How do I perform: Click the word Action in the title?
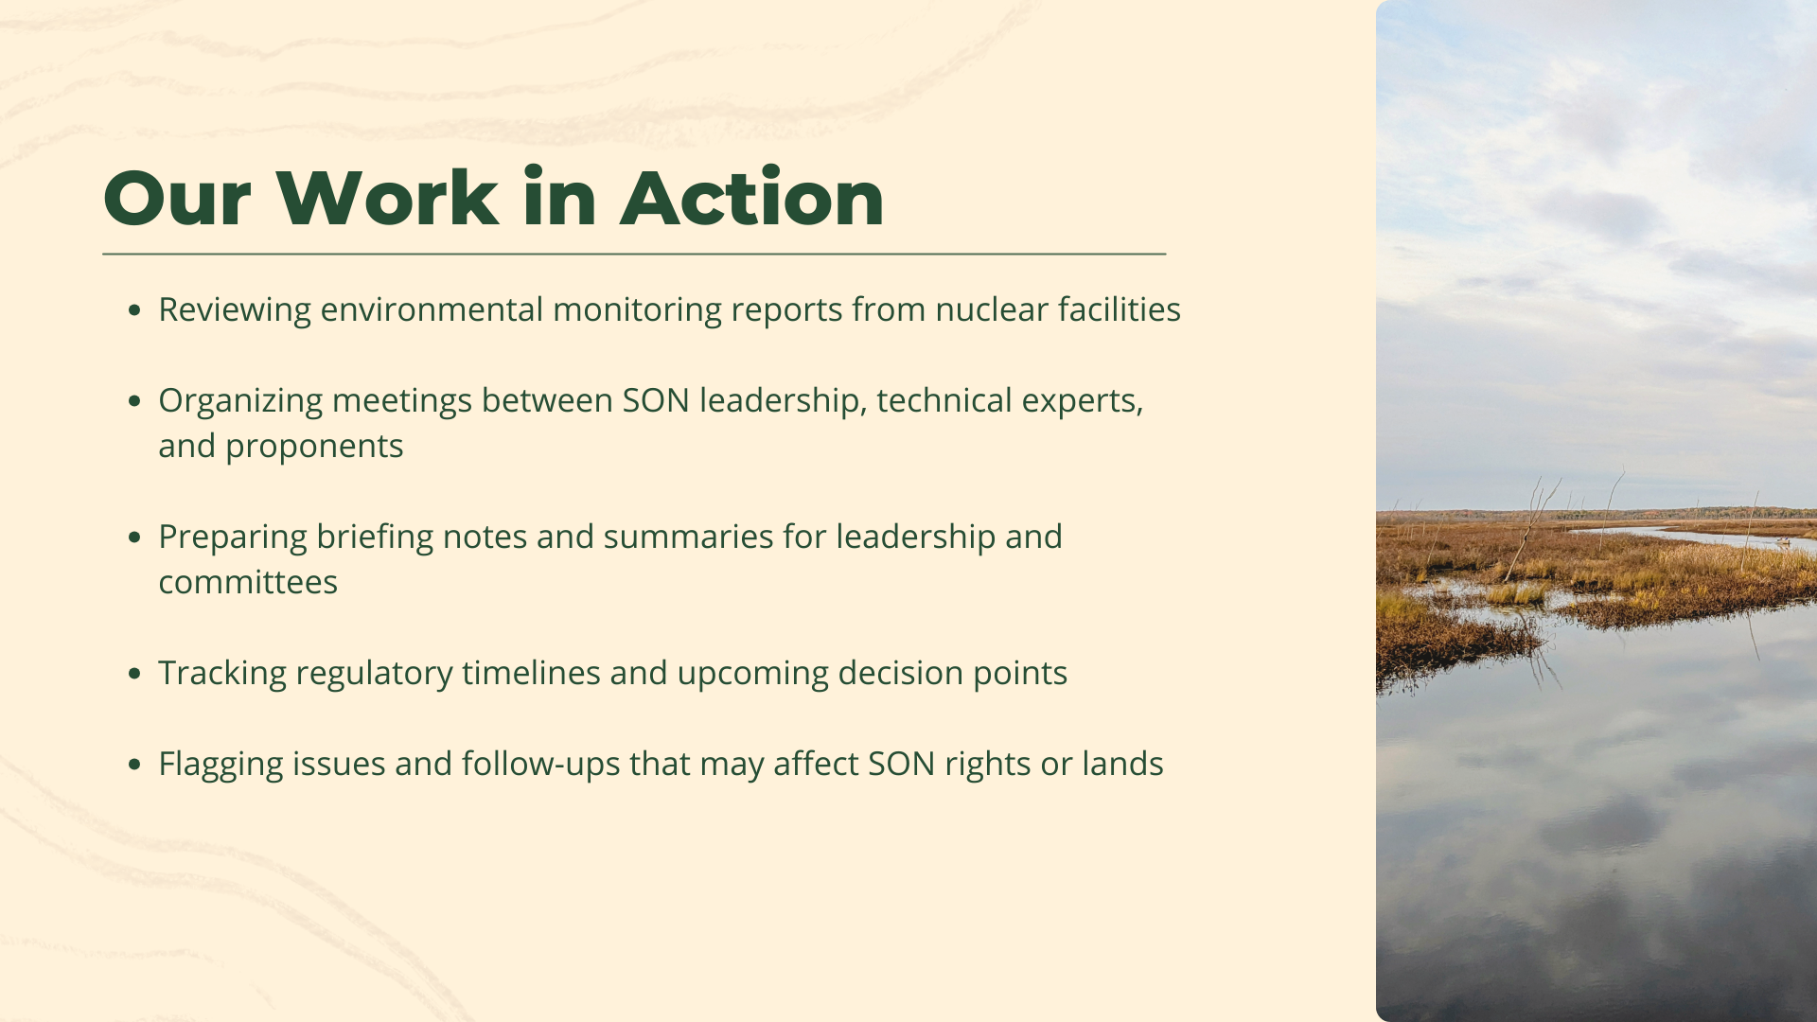pos(752,198)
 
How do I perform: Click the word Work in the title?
pos(387,198)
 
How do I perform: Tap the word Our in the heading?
pos(177,199)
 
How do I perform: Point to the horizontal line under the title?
pos(634,254)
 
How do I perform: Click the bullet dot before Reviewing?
pos(134,309)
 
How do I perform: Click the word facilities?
pos(1120,308)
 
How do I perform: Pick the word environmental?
pos(432,308)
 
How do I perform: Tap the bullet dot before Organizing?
pos(134,400)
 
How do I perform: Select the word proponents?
pos(314,447)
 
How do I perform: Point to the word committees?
pos(248,582)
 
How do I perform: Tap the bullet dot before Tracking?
pos(134,673)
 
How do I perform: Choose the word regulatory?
pos(374,674)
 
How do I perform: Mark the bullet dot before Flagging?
pos(134,764)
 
